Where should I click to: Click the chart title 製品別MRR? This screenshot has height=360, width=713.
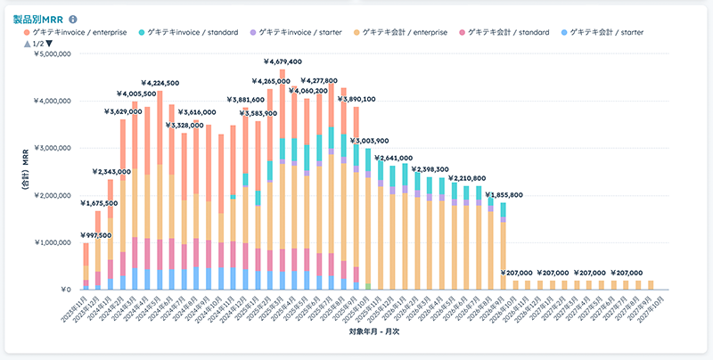(38, 19)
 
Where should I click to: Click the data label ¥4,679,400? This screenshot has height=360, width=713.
(283, 61)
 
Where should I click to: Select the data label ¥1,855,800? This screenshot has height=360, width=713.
(504, 194)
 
